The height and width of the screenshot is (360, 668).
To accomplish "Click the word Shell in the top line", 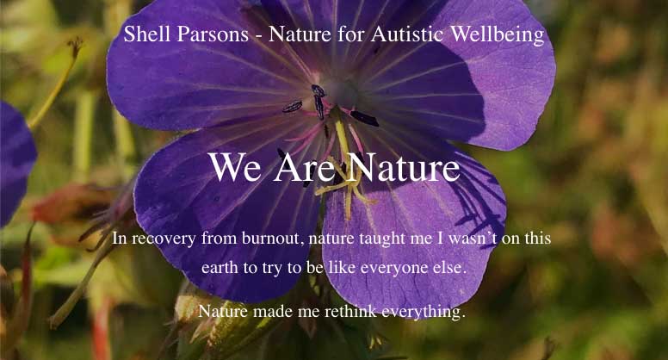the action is click(x=145, y=34).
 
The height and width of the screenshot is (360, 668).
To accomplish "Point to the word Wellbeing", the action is click(x=498, y=34).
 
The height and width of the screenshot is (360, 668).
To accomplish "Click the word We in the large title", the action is click(x=235, y=166).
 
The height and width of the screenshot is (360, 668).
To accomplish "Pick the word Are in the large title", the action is click(x=305, y=166).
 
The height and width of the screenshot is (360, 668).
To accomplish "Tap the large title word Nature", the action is click(x=404, y=166).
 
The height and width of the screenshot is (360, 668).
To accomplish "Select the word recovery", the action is click(x=164, y=239).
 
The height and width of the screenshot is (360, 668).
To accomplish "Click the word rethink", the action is click(x=350, y=311).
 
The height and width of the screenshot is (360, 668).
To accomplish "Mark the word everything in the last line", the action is click(x=421, y=313).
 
